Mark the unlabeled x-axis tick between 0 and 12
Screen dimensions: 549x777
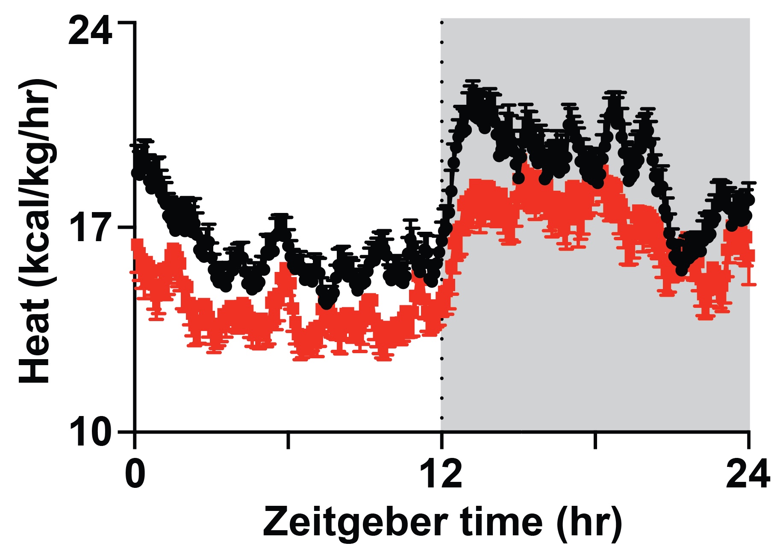tap(288, 440)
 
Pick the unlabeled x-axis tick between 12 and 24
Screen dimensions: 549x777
tap(595, 440)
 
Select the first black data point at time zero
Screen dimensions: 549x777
tap(137, 173)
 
